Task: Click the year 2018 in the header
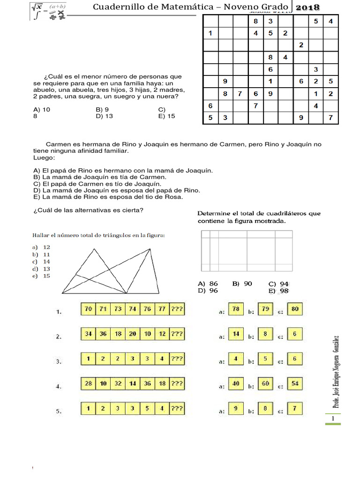[x=307, y=7]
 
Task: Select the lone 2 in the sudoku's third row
[x=300, y=45]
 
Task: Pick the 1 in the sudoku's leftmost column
[x=210, y=33]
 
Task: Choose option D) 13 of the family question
[x=105, y=116]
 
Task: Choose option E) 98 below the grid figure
[x=278, y=291]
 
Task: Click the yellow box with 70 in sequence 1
[x=88, y=309]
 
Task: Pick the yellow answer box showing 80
[x=295, y=309]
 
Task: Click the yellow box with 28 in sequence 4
[x=88, y=384]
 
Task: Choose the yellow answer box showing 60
[x=265, y=384]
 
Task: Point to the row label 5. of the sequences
[x=59, y=412]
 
